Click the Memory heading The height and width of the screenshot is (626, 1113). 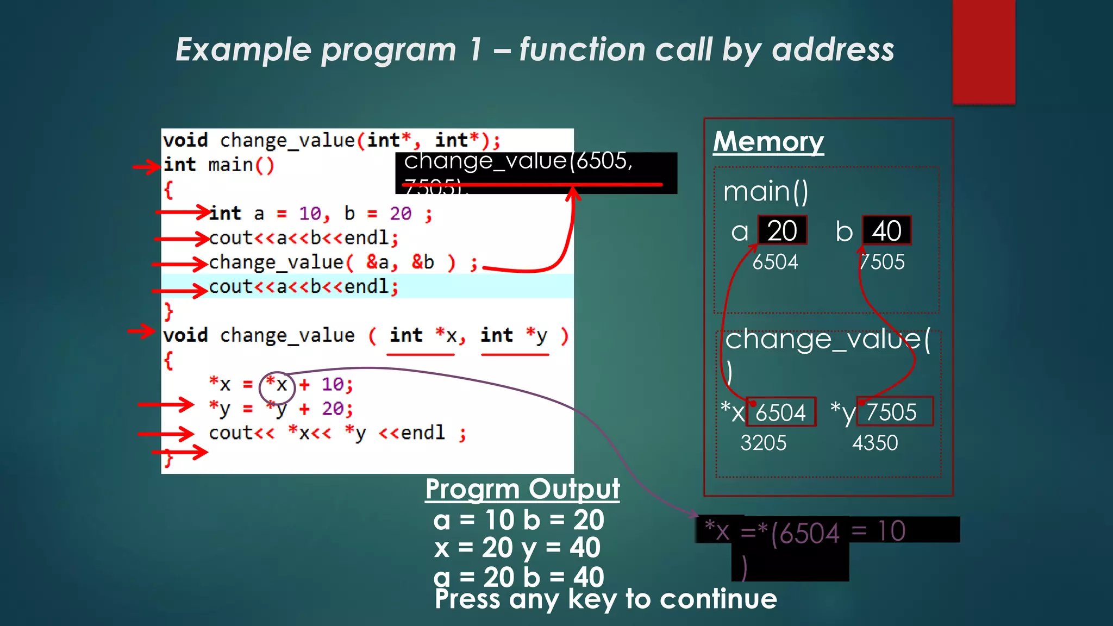[768, 142]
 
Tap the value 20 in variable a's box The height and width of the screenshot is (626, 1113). [782, 231]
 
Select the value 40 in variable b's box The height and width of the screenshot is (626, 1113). [886, 231]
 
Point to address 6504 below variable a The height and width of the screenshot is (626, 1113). [775, 262]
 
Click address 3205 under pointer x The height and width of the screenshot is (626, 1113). [763, 443]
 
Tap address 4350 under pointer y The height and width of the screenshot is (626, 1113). [875, 443]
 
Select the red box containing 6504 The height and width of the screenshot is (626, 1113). [781, 412]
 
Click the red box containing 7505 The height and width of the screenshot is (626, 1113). [895, 411]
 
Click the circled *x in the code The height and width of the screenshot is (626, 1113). [277, 385]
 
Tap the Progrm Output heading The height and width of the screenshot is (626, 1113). [522, 489]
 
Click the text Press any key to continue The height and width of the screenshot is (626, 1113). [605, 599]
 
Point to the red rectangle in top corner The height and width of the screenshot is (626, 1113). [983, 52]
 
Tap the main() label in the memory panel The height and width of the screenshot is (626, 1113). [766, 191]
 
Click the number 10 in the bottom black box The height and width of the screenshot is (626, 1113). [891, 530]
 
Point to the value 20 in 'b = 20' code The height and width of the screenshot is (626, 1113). [401, 214]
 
